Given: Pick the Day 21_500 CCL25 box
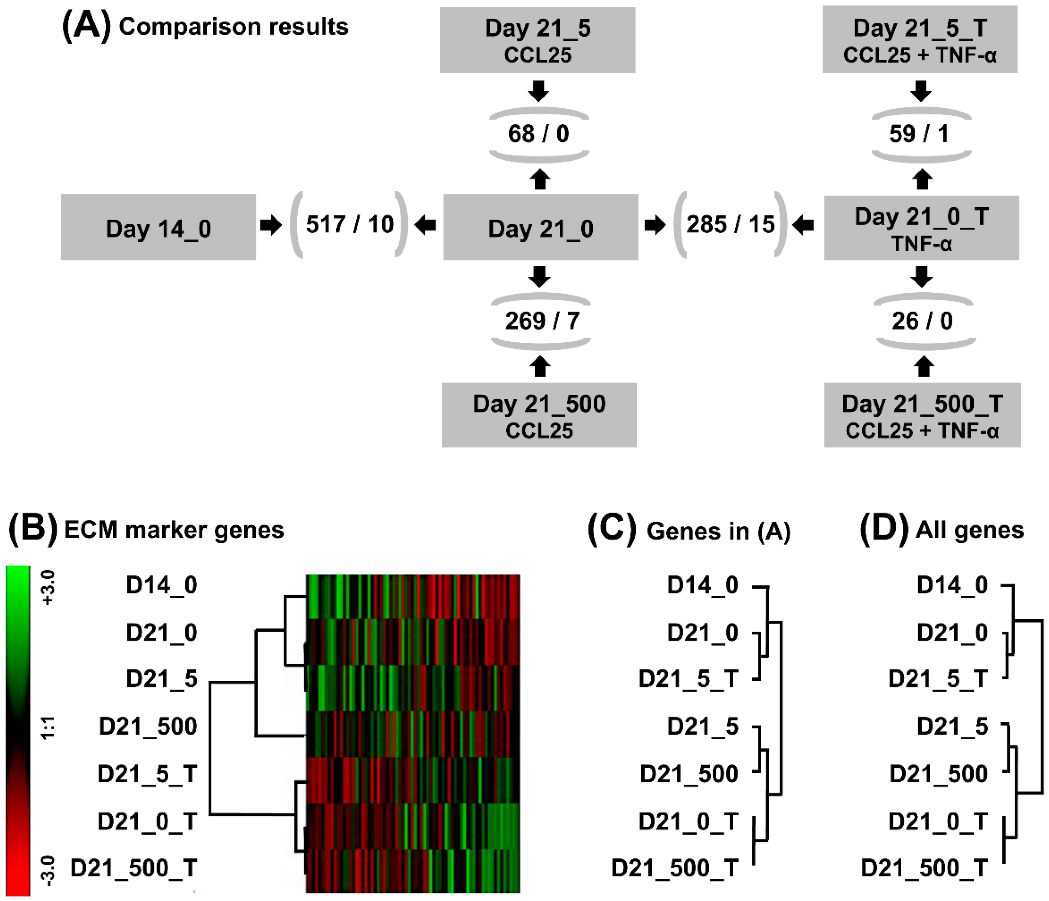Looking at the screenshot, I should tap(539, 415).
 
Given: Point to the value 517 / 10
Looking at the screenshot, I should tap(349, 224).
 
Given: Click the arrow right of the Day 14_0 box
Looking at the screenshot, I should tap(271, 225).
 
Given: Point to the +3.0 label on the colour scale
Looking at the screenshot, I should tap(48, 587).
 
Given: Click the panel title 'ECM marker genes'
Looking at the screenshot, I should tap(174, 530).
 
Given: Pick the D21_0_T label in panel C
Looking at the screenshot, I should tap(688, 821).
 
